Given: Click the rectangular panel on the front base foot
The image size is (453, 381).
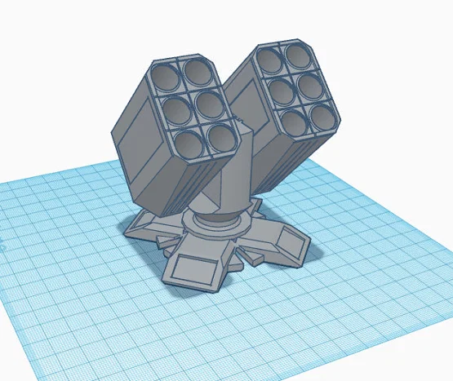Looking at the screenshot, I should pyautogui.click(x=198, y=268).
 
